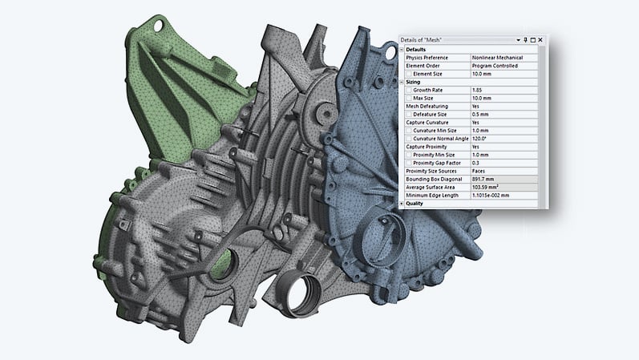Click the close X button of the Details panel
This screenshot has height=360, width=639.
(x=540, y=40)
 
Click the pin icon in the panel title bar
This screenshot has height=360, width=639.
(x=524, y=40)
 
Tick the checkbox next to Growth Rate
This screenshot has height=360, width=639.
(x=409, y=90)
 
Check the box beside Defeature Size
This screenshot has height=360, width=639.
(x=409, y=114)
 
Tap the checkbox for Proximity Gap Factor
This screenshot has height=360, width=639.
(x=409, y=163)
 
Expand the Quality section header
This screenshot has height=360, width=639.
(x=402, y=204)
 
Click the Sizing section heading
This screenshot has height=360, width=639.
(x=416, y=82)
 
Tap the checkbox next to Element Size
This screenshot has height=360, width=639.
(x=409, y=74)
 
